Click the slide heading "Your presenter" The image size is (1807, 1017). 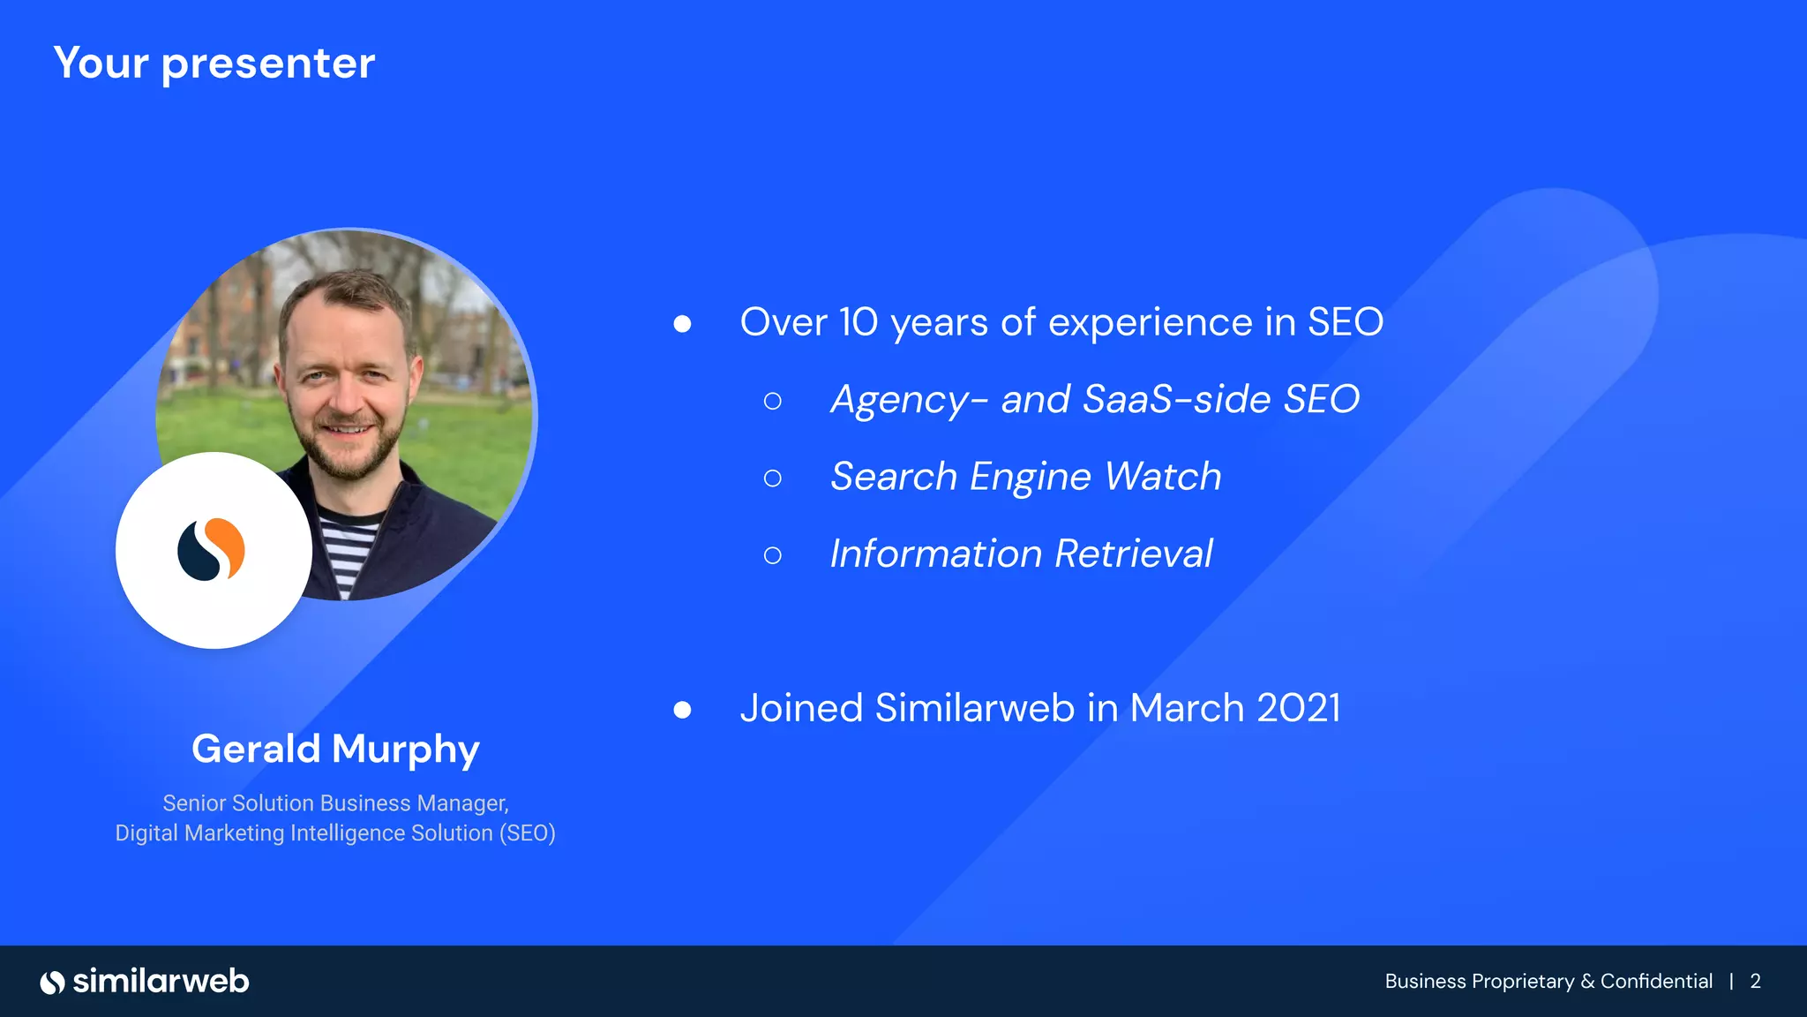coord(214,64)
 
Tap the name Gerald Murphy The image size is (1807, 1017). coord(335,749)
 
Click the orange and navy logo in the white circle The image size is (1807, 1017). coord(212,549)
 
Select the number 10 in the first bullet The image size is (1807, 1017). coord(859,322)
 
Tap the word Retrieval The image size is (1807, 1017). coord(1134,554)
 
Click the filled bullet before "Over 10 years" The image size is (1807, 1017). coord(682,324)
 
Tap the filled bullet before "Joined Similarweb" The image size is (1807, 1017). coord(682,710)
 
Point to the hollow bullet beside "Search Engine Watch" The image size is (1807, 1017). coord(773,478)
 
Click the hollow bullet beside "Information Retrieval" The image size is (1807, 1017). coord(773,555)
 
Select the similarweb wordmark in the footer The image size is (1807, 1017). coord(161,981)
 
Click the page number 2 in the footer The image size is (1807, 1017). coord(1755,982)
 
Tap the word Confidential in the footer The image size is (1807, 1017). coord(1656,982)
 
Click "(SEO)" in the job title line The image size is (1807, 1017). coord(527,833)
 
